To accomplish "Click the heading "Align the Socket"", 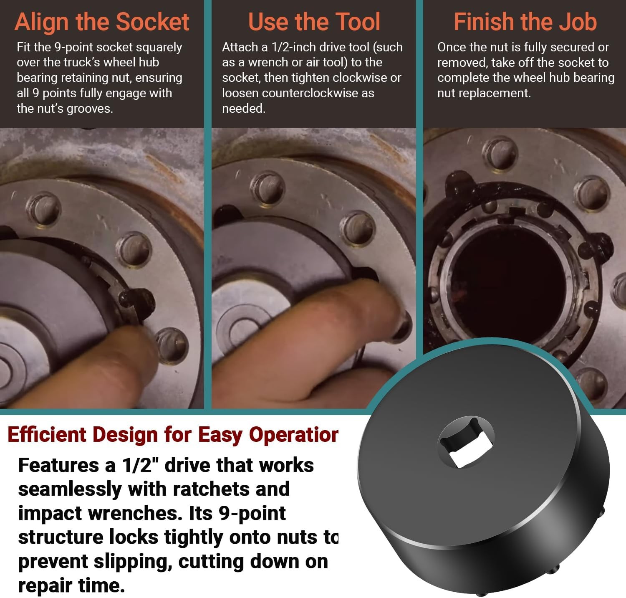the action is pyautogui.click(x=102, y=22).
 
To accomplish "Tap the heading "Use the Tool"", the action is pyautogui.click(x=314, y=22).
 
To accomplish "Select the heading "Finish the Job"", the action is pyautogui.click(x=525, y=22).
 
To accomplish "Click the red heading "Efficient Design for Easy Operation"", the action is pyautogui.click(x=173, y=435).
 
